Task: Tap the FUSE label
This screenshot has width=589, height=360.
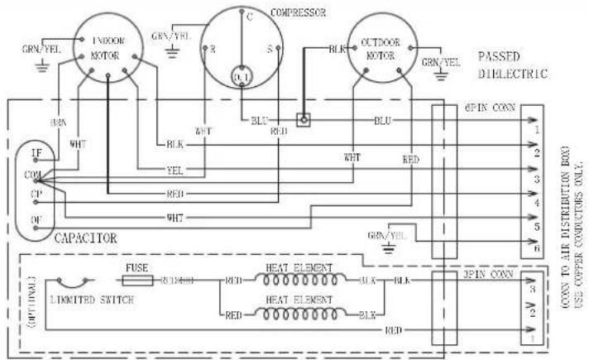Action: pos(137,269)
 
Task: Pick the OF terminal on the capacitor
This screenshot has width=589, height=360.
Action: pos(36,219)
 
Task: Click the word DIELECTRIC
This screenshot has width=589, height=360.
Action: pos(514,74)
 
